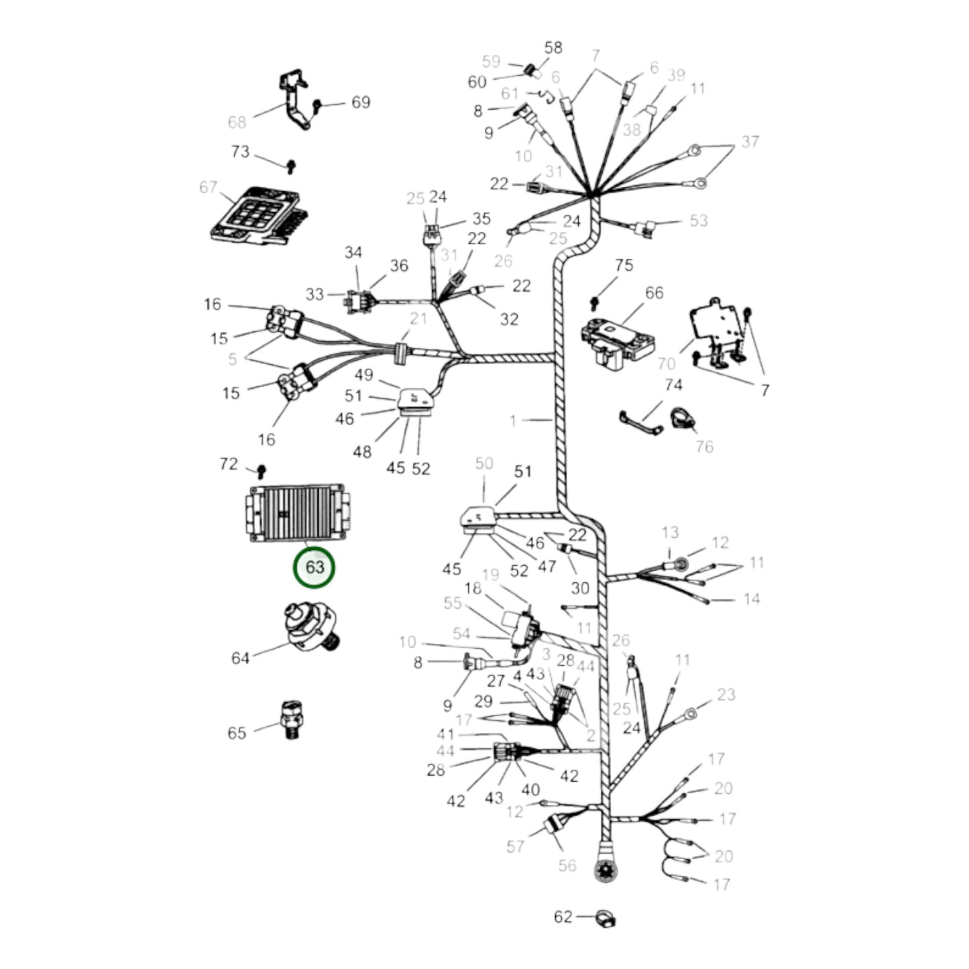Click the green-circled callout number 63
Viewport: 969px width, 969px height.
tap(315, 567)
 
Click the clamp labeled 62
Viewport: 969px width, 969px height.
tap(606, 918)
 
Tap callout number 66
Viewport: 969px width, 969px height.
tap(654, 292)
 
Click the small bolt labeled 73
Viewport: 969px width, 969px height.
tap(290, 166)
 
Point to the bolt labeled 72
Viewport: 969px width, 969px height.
tap(261, 471)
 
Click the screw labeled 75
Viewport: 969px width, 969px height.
tap(595, 303)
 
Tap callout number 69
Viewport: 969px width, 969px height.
tap(361, 102)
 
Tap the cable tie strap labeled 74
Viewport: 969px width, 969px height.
tap(638, 423)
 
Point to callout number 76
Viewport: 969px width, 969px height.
tap(705, 446)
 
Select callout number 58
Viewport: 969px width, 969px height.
tap(553, 48)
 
